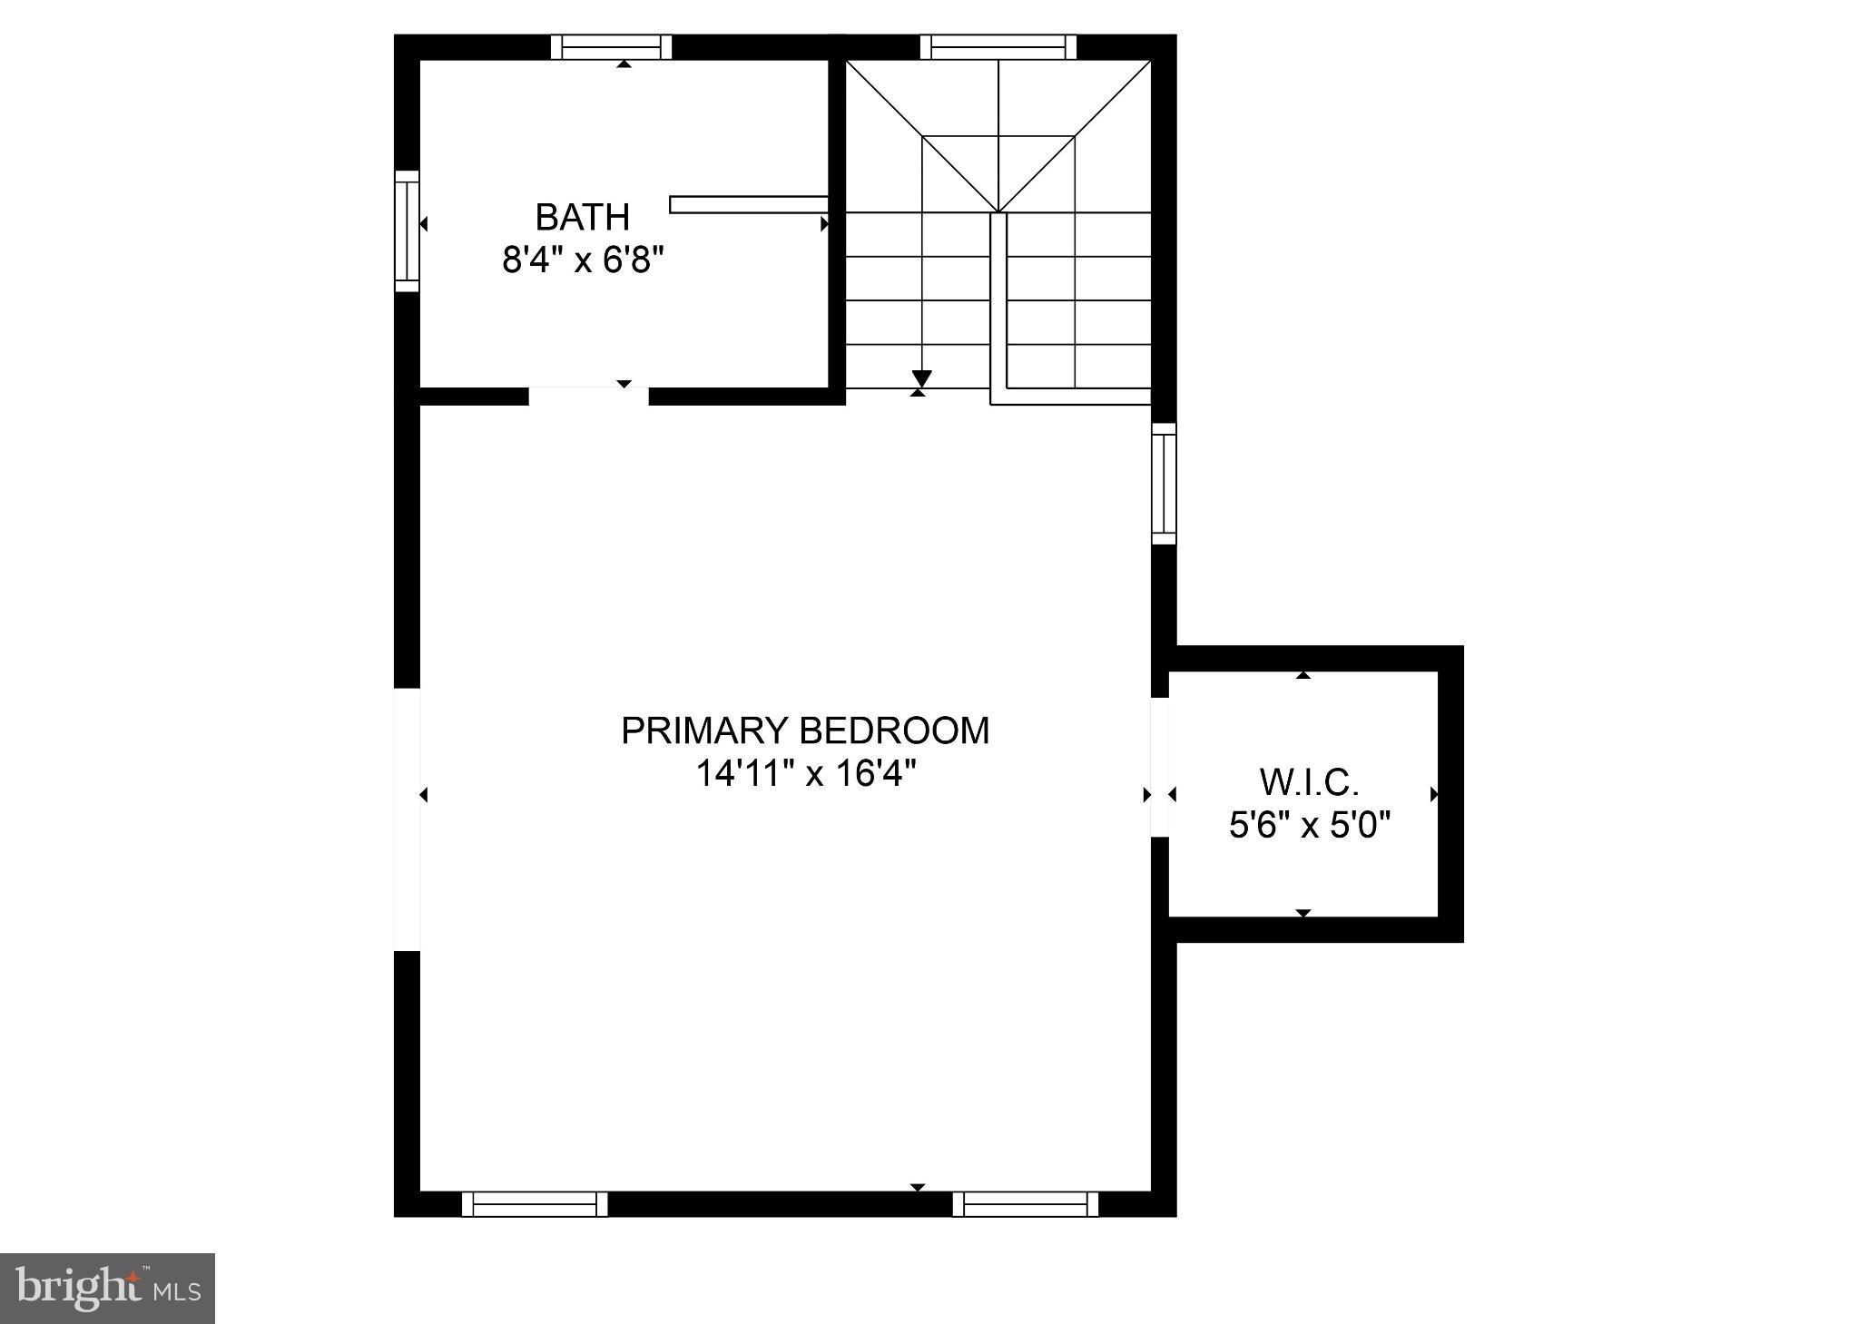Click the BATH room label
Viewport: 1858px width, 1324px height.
tap(582, 217)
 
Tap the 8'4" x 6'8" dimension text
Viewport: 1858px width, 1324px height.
tap(583, 261)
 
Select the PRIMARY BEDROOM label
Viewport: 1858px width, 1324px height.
tap(804, 731)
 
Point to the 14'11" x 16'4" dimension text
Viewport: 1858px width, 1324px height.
tap(805, 774)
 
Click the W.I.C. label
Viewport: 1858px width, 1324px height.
tap(1309, 781)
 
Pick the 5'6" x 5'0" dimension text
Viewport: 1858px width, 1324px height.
tap(1310, 826)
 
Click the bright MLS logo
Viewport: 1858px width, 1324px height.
tap(107, 1288)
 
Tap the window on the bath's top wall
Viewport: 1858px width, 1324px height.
tap(611, 46)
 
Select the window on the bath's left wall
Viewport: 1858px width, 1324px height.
tap(407, 230)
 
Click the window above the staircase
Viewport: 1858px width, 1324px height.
tap(998, 46)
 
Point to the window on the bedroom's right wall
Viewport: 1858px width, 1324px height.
tap(1164, 484)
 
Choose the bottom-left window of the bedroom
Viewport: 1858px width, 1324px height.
tap(535, 1204)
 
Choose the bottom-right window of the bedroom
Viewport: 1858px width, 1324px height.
tap(1025, 1204)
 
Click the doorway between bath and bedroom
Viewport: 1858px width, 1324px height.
tap(588, 396)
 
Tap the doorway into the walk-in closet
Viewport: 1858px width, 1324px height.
tap(1159, 767)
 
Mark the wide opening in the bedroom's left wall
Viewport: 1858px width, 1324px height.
tap(407, 819)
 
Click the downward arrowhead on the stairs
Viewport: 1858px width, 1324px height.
tap(922, 378)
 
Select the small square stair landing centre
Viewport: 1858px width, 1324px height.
tap(998, 173)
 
